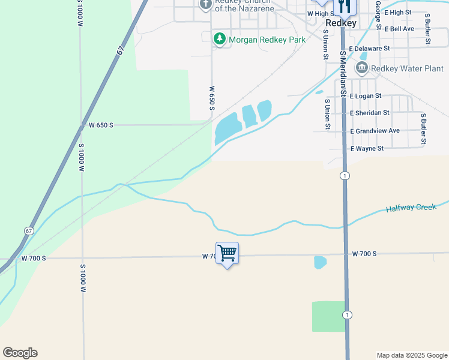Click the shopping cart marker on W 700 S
point(227,253)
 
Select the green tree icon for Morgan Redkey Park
point(220,40)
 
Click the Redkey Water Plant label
point(407,68)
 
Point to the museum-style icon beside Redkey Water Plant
point(361,68)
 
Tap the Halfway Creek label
point(411,208)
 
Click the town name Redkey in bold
point(341,23)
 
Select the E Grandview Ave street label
point(375,131)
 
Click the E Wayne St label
point(367,148)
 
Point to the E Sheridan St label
point(370,113)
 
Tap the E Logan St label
point(366,96)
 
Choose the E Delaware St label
point(370,49)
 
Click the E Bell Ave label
point(400,29)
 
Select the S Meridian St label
point(343,74)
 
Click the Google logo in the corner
point(20,353)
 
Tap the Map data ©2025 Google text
point(412,355)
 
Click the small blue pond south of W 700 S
point(320,262)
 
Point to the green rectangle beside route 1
point(328,316)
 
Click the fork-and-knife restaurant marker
point(345,6)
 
